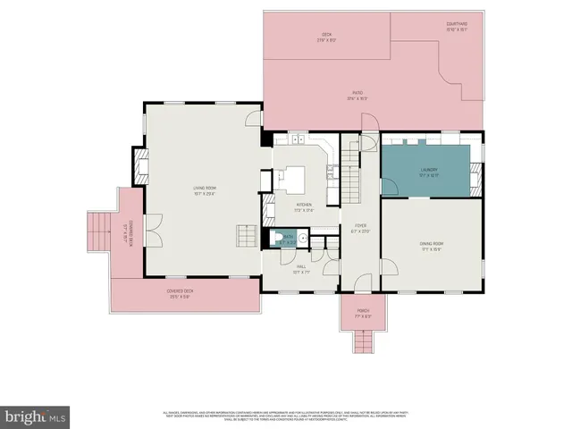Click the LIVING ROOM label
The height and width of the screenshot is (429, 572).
click(x=206, y=190)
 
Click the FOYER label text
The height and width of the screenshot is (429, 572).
click(x=360, y=228)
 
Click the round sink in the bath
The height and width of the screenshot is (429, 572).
click(x=303, y=239)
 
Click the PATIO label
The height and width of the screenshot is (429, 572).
click(x=361, y=97)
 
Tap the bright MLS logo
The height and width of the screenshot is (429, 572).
click(x=35, y=416)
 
